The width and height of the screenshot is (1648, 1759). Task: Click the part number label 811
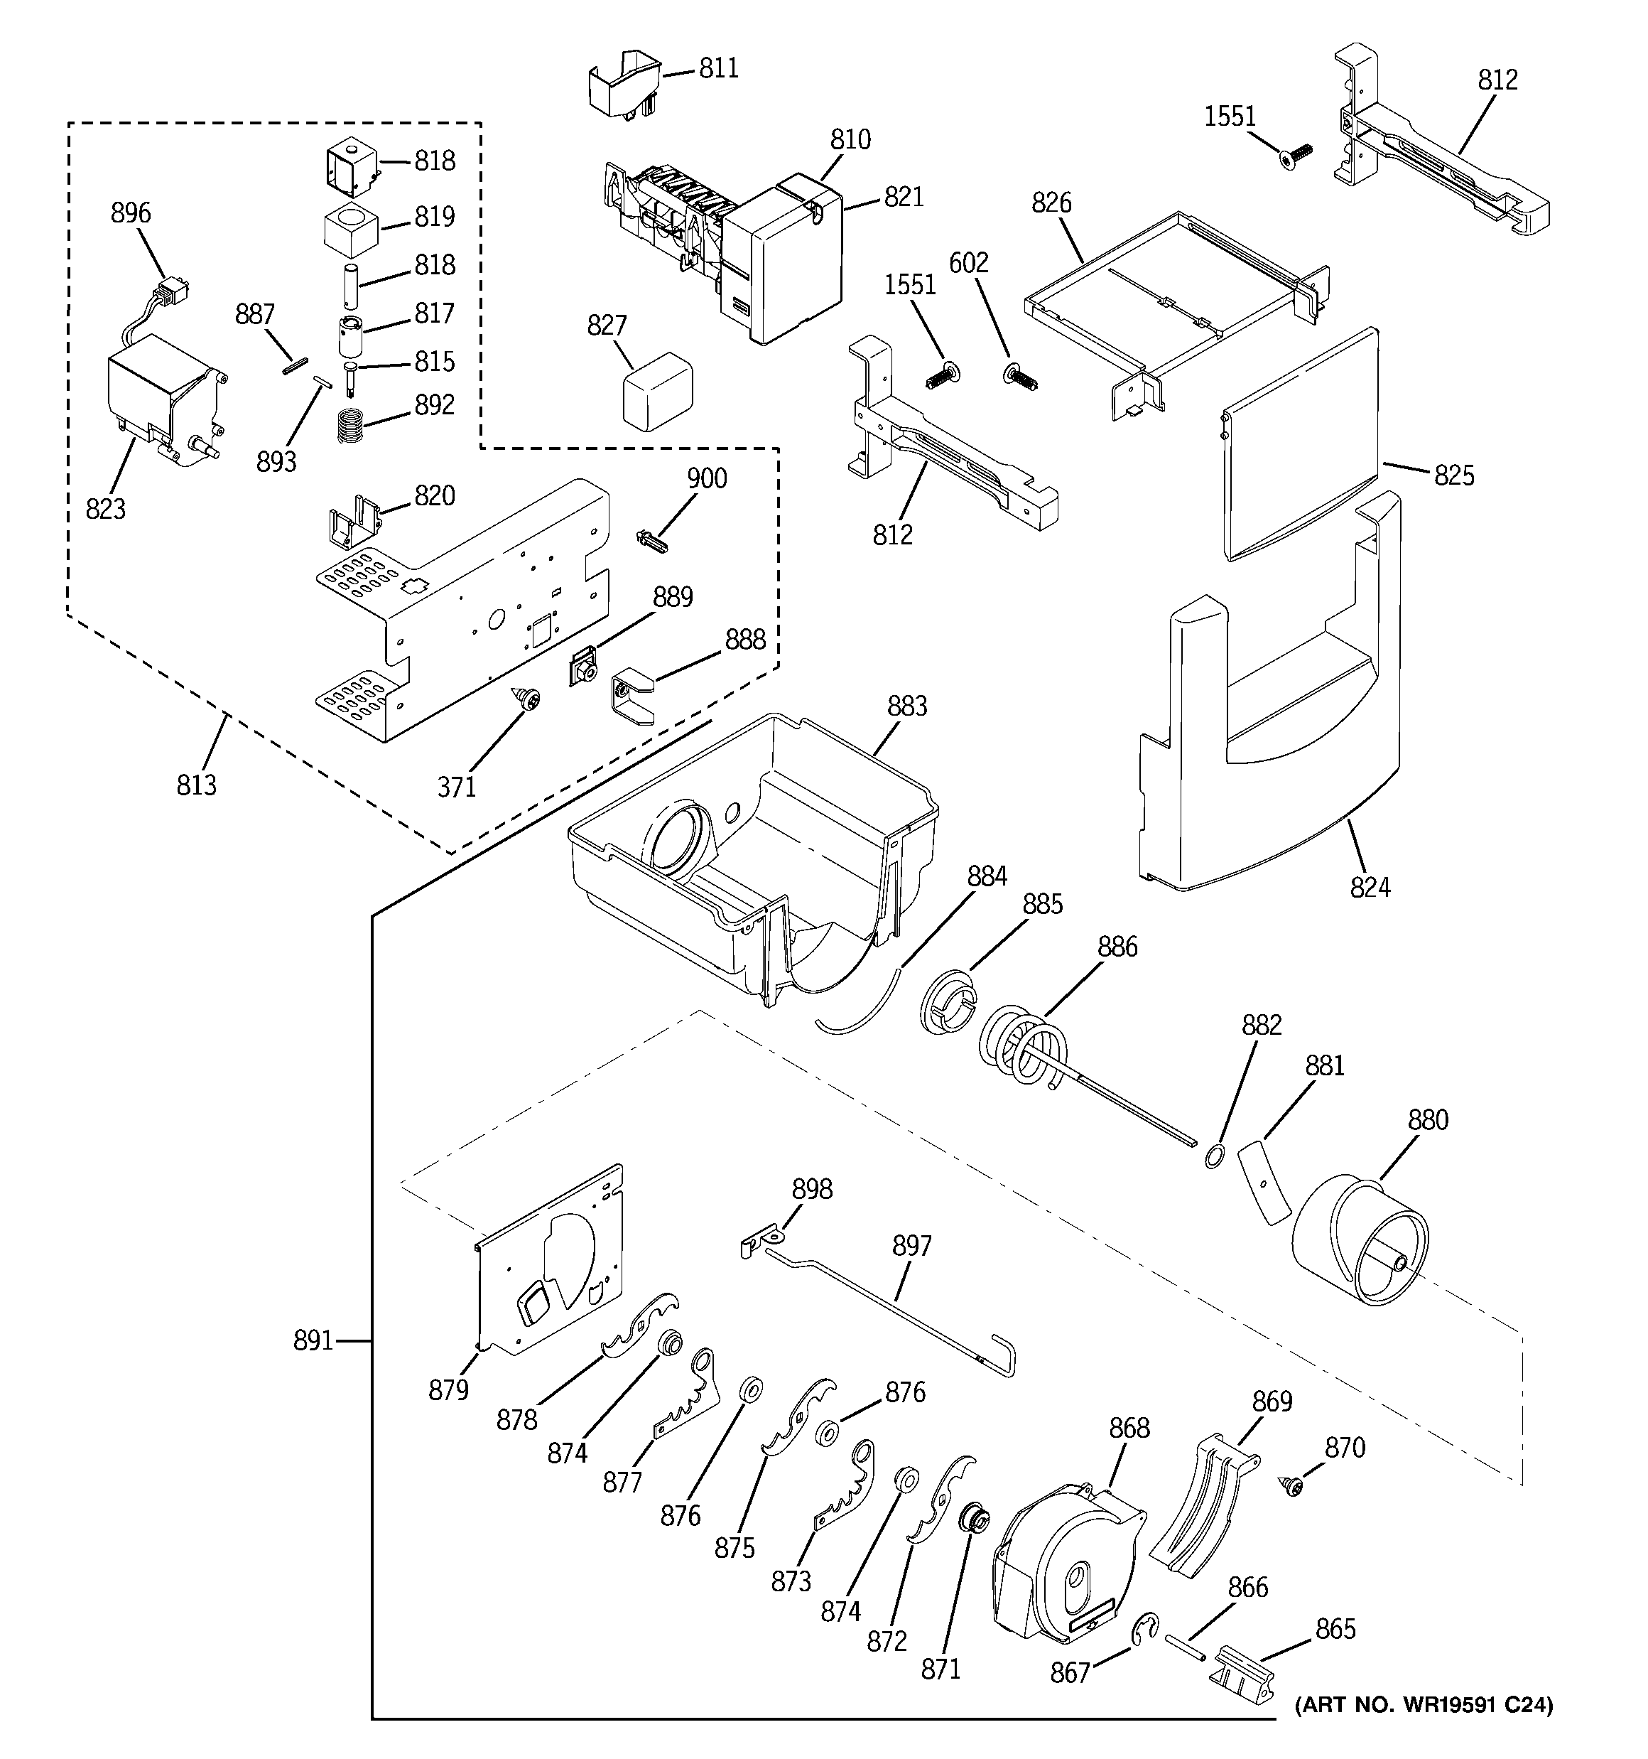click(718, 69)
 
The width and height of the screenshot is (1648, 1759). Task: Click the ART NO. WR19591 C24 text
click(1422, 1704)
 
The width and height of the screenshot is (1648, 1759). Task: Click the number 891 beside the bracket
click(313, 1341)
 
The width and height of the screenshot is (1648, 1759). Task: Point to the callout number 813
click(195, 785)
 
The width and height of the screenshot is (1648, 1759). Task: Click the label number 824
click(1370, 886)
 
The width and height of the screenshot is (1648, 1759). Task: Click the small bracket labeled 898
click(762, 1239)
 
